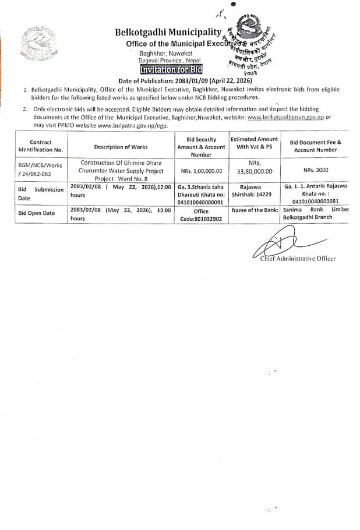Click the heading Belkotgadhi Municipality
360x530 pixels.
coord(168,33)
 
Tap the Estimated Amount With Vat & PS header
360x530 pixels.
coord(254,143)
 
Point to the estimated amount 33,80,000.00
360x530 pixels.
coord(254,171)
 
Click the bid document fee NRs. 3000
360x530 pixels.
coord(315,169)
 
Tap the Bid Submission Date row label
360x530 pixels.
coord(38,194)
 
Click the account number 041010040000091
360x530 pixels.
coord(200,202)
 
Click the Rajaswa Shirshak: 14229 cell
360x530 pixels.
coord(254,190)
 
